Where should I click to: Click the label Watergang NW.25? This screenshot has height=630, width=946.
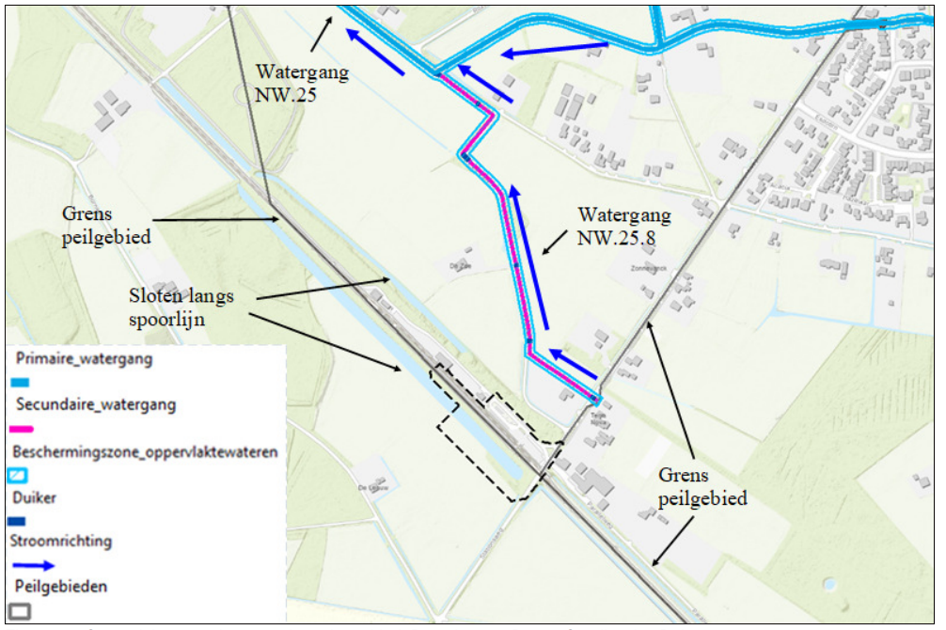(x=302, y=83)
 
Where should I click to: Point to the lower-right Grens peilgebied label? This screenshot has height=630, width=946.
(x=702, y=487)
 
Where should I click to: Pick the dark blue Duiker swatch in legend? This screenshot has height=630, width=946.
(x=18, y=520)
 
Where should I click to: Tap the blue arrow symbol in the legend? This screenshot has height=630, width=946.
(x=33, y=565)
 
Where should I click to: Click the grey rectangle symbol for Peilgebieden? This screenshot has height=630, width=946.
(x=19, y=610)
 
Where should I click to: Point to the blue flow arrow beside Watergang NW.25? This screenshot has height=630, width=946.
(x=374, y=52)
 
